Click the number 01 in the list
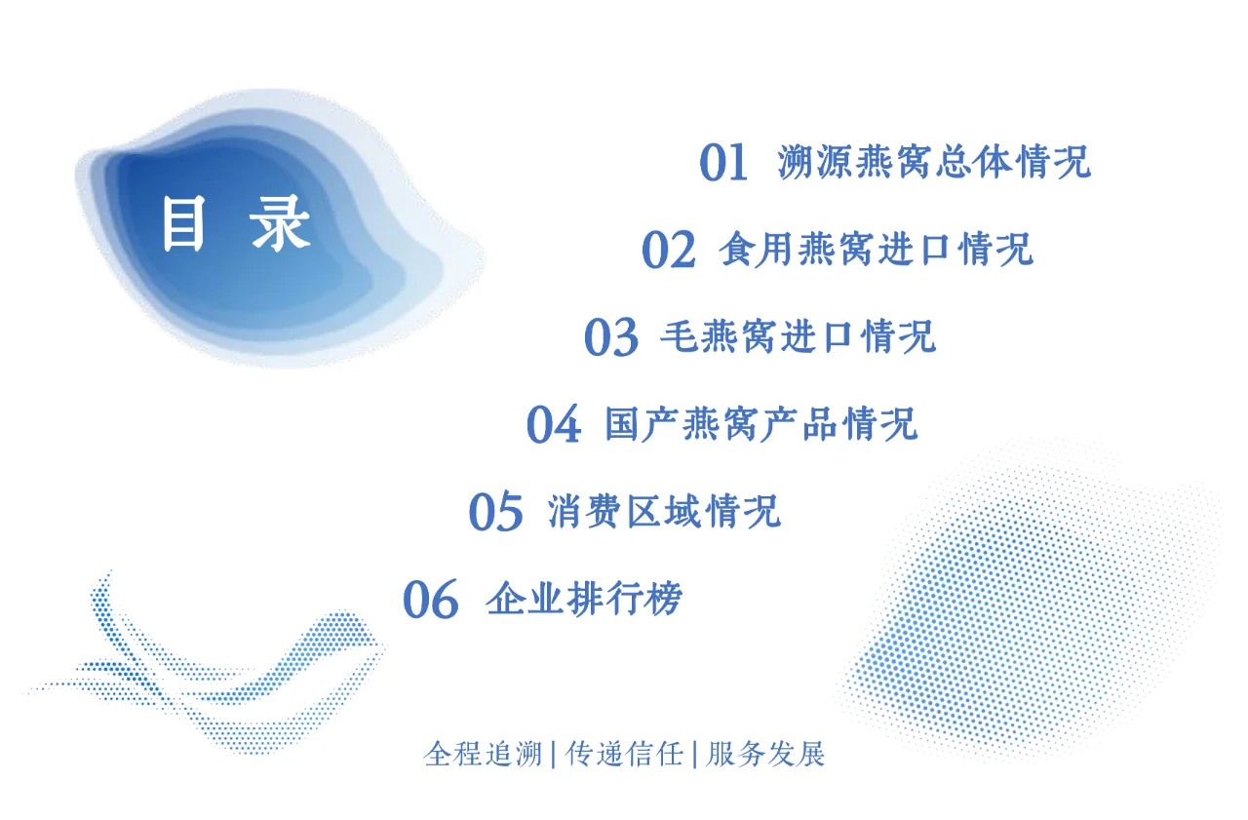(x=723, y=163)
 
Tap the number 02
(x=668, y=251)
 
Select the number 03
(x=610, y=337)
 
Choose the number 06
(x=430, y=600)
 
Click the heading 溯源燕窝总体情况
(x=934, y=162)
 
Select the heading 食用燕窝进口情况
(x=876, y=250)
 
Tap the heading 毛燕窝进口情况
(x=798, y=336)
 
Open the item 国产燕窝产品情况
(x=761, y=424)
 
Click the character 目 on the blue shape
(x=183, y=224)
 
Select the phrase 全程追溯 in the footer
(x=483, y=754)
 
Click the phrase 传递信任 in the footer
(x=624, y=754)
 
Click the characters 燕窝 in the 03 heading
(x=733, y=336)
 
